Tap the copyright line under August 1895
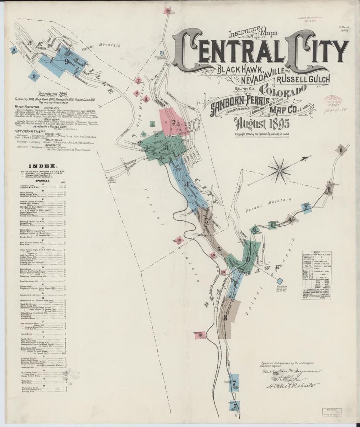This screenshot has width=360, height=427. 264,134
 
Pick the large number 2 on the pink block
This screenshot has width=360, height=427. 174,123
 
